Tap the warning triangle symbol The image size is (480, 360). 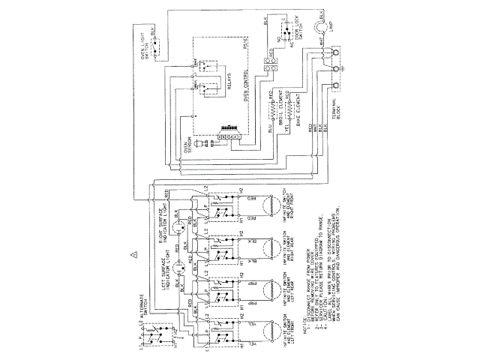[133, 254]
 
